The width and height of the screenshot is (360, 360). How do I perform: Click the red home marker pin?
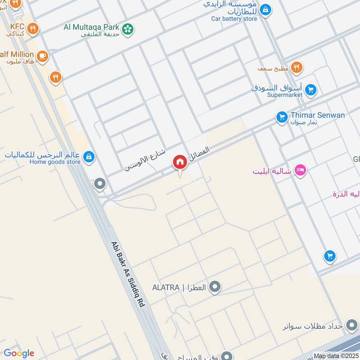click(180, 162)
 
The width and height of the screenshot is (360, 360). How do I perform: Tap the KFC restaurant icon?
click(33, 29)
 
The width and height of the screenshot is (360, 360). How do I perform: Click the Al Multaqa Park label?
click(91, 27)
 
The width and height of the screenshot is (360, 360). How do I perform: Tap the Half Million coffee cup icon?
click(42, 56)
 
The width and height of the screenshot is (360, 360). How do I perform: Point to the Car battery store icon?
click(266, 9)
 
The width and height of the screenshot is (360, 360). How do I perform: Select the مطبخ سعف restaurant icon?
click(296, 67)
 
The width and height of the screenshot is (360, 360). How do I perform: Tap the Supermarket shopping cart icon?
click(310, 90)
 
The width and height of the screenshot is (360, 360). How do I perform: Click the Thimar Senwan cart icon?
click(282, 117)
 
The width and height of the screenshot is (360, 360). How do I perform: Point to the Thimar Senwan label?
click(317, 115)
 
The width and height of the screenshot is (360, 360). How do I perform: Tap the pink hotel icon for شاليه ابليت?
click(300, 170)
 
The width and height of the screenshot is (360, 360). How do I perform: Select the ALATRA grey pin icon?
click(216, 287)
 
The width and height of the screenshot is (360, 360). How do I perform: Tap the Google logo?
click(19, 353)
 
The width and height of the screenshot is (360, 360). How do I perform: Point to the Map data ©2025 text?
click(336, 356)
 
